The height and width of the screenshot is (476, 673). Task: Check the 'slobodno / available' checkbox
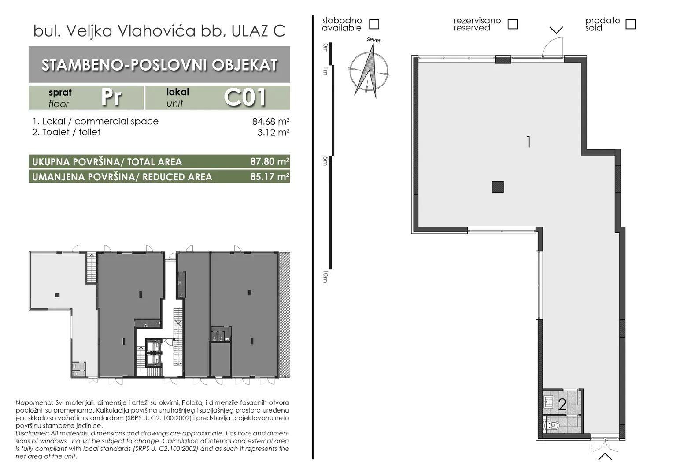click(x=374, y=24)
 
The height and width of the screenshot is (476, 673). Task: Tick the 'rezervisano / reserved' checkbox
click(x=513, y=24)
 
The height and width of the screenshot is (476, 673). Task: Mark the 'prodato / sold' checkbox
click(x=631, y=24)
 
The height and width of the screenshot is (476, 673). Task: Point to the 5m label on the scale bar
click(x=325, y=161)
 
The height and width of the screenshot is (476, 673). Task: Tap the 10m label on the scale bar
click(x=325, y=276)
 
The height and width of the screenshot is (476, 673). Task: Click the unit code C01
click(x=245, y=97)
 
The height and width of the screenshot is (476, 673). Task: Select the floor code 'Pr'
click(x=111, y=97)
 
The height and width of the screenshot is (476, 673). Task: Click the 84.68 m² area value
click(x=271, y=121)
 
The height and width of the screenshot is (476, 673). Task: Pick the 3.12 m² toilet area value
click(x=273, y=132)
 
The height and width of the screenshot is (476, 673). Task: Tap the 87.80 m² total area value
click(x=270, y=161)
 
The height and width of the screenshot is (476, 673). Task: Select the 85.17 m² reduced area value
click(x=270, y=176)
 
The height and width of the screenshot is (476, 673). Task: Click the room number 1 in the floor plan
click(x=529, y=141)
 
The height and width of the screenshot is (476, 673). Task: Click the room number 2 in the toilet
click(x=562, y=405)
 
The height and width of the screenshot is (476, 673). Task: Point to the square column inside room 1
click(x=498, y=187)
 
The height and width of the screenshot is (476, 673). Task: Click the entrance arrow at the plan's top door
click(x=556, y=30)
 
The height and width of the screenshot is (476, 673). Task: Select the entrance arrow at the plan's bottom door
click(x=605, y=457)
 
